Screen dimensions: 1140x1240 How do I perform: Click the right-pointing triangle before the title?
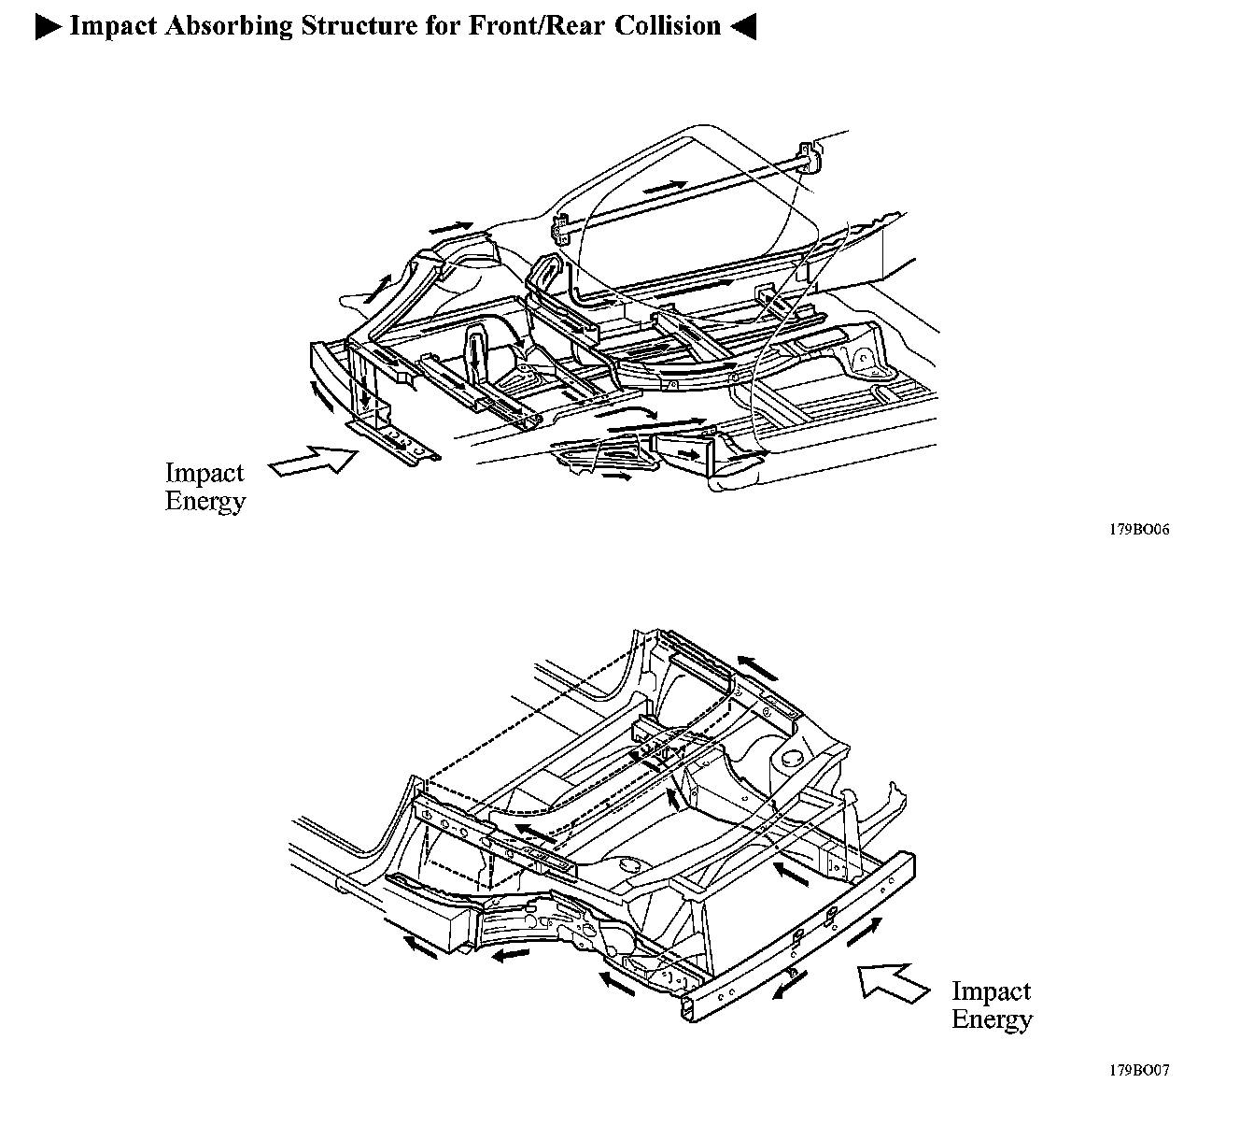48,26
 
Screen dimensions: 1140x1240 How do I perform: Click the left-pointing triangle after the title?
742,26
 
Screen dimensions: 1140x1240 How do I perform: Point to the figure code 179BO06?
1139,529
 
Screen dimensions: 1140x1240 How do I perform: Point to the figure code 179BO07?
1139,1070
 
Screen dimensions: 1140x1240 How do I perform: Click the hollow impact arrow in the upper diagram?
313,462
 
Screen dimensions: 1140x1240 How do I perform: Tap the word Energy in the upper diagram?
205,501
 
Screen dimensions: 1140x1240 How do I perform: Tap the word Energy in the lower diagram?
992,1019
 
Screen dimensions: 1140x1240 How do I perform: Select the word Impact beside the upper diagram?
204,473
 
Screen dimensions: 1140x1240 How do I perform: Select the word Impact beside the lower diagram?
991,990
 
